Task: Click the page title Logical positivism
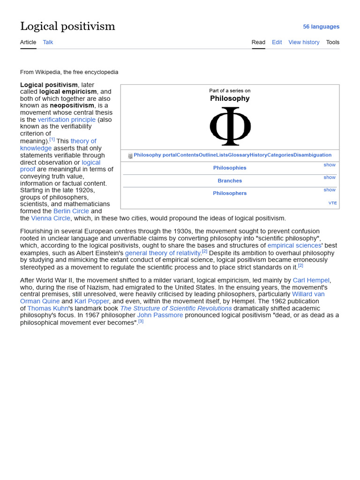click(67, 26)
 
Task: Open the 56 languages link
click(321, 27)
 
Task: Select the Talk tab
click(48, 42)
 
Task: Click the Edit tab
click(277, 42)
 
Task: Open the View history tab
click(304, 42)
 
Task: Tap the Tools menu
click(332, 42)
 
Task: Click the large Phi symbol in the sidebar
click(230, 126)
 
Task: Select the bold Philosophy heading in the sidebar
click(230, 98)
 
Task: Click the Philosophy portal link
click(155, 155)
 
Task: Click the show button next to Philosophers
click(329, 190)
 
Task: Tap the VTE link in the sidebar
click(332, 203)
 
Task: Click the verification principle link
click(67, 120)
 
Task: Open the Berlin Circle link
click(71, 211)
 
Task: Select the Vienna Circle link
click(51, 218)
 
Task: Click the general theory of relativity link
click(163, 253)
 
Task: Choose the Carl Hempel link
click(311, 280)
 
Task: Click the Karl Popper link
click(91, 301)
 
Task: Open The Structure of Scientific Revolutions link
click(176, 308)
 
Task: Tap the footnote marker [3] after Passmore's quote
click(141, 322)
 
